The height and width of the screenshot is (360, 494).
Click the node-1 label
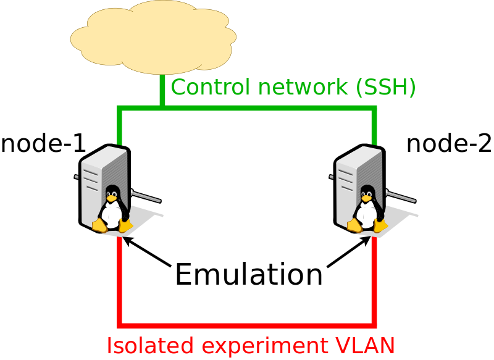click(x=43, y=144)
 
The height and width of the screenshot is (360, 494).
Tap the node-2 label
click(x=449, y=144)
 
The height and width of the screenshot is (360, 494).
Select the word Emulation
click(x=248, y=275)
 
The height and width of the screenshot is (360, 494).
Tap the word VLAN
click(x=368, y=345)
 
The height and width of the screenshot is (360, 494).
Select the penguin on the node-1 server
click(x=112, y=210)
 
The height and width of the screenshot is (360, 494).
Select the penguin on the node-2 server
click(x=367, y=210)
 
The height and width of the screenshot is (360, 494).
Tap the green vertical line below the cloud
click(x=162, y=91)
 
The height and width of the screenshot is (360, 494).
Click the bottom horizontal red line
click(x=247, y=324)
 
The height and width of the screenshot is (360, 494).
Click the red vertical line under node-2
click(x=374, y=284)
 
